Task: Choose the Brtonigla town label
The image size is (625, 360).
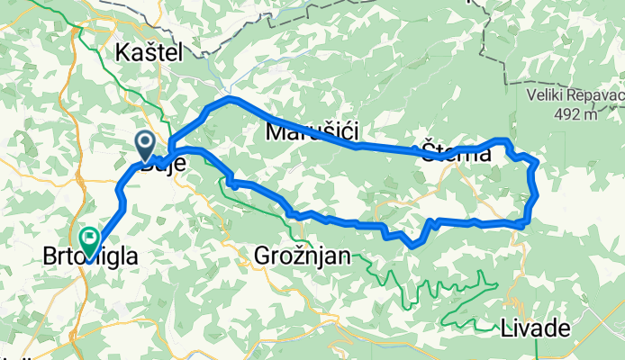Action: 91,257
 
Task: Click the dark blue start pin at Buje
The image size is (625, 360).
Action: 144,141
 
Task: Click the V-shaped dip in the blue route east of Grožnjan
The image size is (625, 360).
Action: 413,244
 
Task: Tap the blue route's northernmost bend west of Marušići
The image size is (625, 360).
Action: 231,98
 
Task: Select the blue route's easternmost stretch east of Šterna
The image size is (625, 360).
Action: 536,189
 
